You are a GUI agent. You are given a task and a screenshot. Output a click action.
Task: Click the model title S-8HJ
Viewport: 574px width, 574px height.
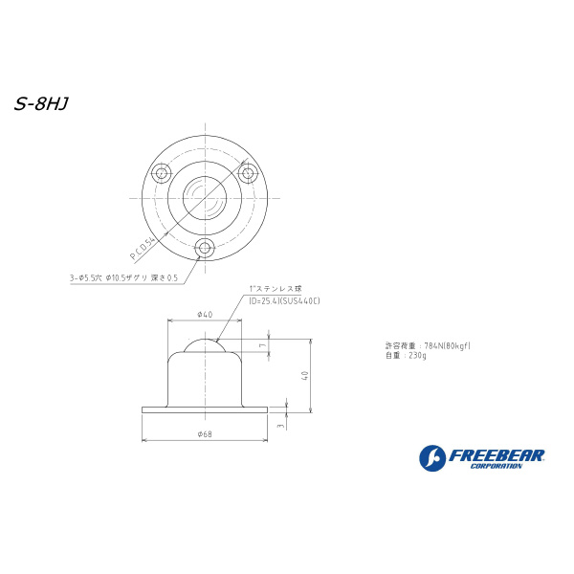click(x=41, y=104)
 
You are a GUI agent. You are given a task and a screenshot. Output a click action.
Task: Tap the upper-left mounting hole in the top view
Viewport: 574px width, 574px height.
click(x=162, y=173)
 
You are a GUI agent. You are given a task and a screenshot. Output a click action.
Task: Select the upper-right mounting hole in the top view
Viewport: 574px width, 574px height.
click(x=248, y=173)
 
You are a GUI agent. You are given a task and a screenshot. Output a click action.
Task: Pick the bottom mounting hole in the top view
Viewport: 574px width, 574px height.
click(x=205, y=248)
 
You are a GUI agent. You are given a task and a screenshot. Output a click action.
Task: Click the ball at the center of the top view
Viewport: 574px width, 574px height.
click(x=205, y=198)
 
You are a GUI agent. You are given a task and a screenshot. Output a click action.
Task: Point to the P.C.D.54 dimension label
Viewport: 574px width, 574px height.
click(x=143, y=249)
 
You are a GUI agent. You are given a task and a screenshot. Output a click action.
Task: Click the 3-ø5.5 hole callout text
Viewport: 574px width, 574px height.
click(x=123, y=277)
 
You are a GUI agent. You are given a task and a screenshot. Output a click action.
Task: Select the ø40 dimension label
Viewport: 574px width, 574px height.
click(x=205, y=315)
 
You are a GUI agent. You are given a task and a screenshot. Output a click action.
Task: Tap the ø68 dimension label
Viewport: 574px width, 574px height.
click(x=205, y=434)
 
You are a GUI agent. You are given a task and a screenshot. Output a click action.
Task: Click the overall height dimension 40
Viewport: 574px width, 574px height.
click(x=305, y=376)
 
